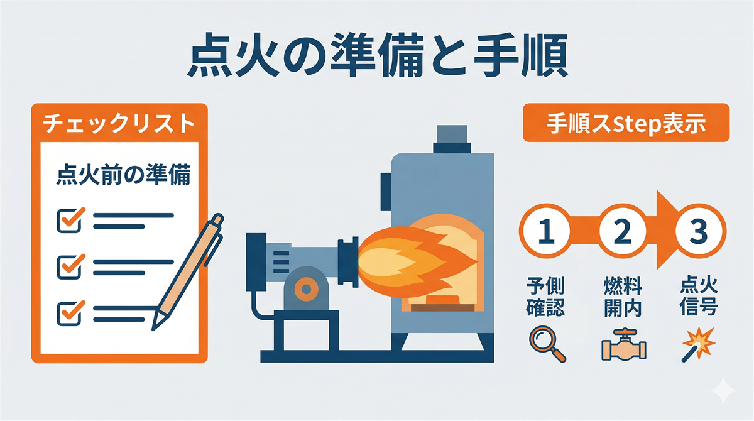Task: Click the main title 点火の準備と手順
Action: pos(378,55)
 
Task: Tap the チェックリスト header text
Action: pos(119,123)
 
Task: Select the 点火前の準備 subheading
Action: pos(124,175)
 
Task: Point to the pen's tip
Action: pos(153,329)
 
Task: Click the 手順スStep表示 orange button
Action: pos(626,123)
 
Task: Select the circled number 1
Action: pos(545,231)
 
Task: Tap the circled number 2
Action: pos(623,231)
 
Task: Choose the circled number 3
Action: pos(699,231)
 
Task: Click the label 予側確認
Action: pos(545,297)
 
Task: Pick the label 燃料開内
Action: pos(623,297)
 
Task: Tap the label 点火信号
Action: pos(699,297)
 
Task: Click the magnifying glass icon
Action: pos(547,344)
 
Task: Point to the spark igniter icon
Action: pos(698,344)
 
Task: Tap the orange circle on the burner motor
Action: pos(306,289)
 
